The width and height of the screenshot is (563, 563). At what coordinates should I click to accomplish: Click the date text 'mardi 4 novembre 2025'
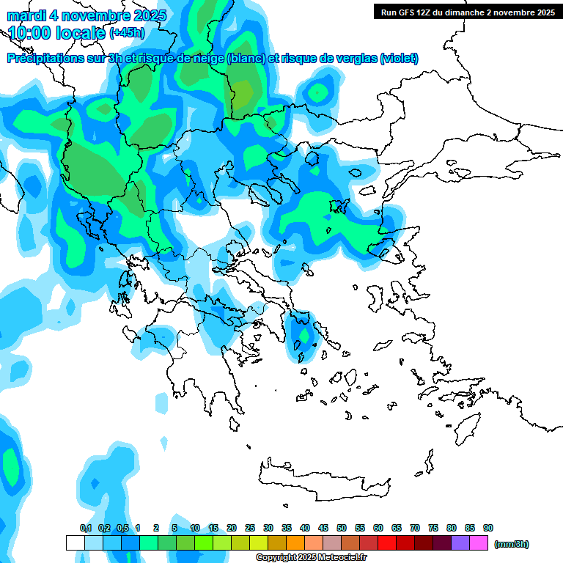pos(87,15)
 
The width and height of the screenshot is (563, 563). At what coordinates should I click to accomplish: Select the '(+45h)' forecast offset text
pos(127,32)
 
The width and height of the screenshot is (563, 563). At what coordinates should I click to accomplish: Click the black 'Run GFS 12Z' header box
pos(466,12)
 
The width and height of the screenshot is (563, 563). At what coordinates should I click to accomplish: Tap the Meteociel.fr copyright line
pos(312,558)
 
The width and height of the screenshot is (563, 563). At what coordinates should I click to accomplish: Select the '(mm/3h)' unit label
pos(512,544)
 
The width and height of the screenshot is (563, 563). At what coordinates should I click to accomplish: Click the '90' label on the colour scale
pos(488,528)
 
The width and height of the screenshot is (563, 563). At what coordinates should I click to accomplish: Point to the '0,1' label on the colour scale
pos(86,528)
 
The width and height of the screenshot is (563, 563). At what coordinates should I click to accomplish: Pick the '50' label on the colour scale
pos(342,528)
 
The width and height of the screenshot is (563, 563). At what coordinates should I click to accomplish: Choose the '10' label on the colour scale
pos(195,528)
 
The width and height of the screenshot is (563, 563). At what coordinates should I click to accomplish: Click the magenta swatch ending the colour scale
pos(479,543)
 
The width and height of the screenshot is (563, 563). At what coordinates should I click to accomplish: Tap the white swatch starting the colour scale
pos(76,543)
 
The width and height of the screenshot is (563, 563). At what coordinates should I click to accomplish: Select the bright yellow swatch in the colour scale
pos(259,543)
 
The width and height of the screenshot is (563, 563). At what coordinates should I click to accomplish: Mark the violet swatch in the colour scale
pos(460,543)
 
